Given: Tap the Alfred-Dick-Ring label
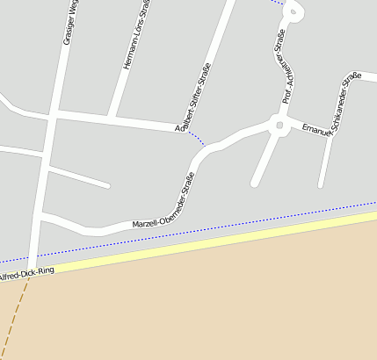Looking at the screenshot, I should coord(26,274).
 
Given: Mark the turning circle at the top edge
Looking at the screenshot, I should coord(294,11).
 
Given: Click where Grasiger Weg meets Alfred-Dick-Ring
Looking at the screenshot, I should coord(33,266).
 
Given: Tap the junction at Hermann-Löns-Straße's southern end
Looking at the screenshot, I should coord(111,117).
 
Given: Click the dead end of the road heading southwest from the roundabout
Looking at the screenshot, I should coord(255,184).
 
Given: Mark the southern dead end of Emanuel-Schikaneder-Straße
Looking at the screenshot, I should coord(323,184).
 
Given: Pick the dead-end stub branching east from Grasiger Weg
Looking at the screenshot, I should coord(106,185).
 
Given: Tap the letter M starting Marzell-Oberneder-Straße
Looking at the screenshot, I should coord(135,226).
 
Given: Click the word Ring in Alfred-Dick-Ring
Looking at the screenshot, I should coord(46,271).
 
